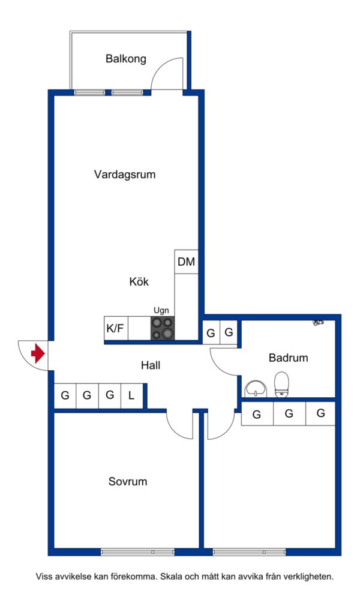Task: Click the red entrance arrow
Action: [x=38, y=354]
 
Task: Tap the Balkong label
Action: [x=126, y=59]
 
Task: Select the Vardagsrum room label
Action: [x=125, y=175]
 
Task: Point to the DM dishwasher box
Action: [x=186, y=262]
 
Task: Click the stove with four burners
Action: [x=163, y=328]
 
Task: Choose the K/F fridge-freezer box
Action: [x=116, y=328]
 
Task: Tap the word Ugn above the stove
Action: [x=161, y=310]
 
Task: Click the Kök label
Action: [x=139, y=281]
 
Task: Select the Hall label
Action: [x=151, y=365]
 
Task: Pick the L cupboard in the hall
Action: [x=131, y=395]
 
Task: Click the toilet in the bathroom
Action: [x=281, y=384]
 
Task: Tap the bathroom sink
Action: [x=257, y=388]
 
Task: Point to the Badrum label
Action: [x=288, y=358]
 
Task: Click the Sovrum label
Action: [x=128, y=481]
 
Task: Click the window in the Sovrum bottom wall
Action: [x=137, y=551]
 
